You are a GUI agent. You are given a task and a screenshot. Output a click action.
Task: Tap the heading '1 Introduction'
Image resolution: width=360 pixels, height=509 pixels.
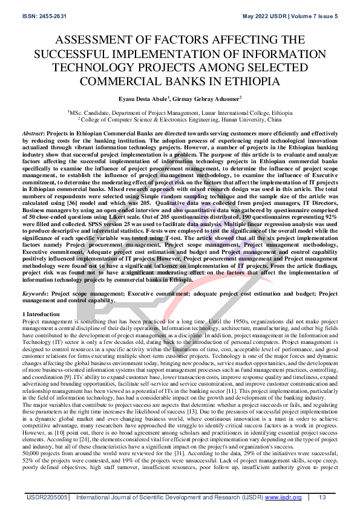coord(41,314)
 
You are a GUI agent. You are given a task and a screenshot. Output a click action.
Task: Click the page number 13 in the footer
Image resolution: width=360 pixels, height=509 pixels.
coord(323,497)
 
